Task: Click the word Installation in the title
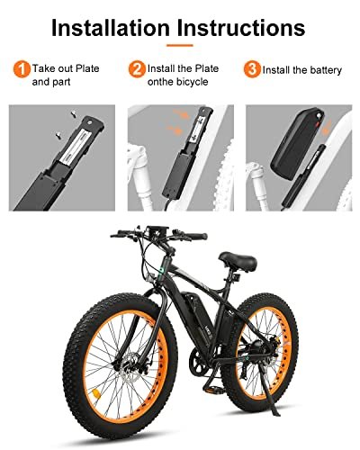tap(111, 28)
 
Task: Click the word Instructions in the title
tap(241, 28)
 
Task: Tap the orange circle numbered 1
tap(22, 69)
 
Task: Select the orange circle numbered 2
tap(137, 69)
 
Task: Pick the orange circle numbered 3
tap(252, 69)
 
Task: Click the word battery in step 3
tap(326, 70)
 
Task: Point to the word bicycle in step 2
tap(193, 82)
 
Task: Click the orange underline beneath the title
tap(180, 45)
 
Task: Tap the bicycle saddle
tap(238, 261)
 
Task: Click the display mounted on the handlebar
tap(157, 232)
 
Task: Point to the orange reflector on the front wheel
tap(96, 393)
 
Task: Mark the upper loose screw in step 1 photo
tap(72, 113)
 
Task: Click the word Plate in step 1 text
tap(87, 68)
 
